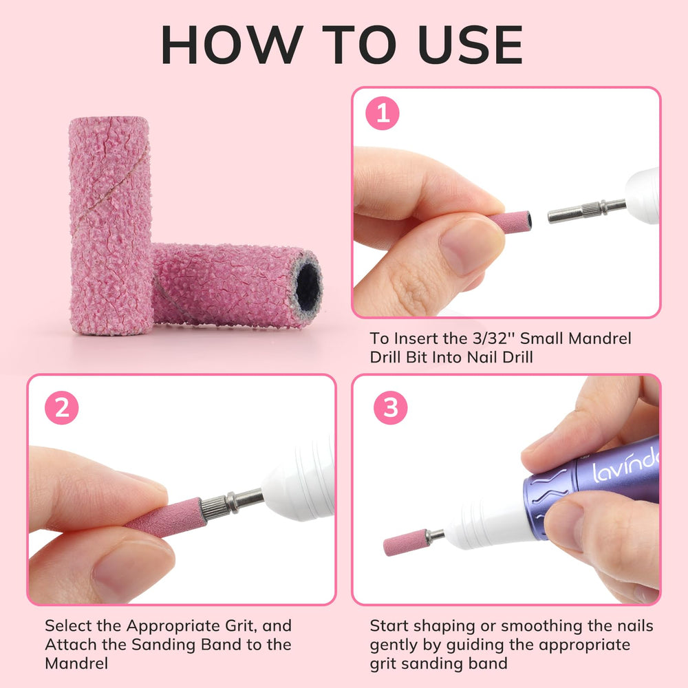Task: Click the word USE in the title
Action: pos(471,45)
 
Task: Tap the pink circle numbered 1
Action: pos(382,114)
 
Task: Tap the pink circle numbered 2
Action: pos(61,407)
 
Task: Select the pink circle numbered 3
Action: pos(390,407)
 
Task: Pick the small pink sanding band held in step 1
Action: pos(510,222)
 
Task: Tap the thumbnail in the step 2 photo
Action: pos(131,569)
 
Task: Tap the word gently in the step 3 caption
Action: pos(394,646)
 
